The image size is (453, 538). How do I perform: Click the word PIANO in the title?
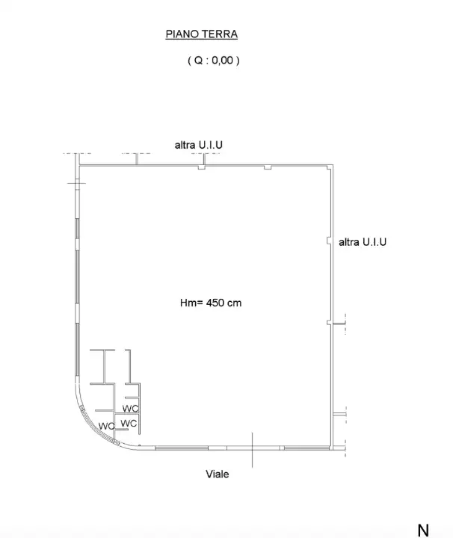click(179, 34)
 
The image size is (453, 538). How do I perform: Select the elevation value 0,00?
click(221, 62)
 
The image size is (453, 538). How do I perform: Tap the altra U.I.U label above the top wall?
click(200, 144)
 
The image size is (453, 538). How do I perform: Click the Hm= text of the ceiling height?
click(190, 303)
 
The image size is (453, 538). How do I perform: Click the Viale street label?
click(218, 474)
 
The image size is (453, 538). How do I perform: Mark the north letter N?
click(423, 530)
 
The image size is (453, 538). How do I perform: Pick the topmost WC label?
click(130, 409)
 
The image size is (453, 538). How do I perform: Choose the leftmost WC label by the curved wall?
click(106, 426)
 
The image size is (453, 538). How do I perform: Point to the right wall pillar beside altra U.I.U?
click(329, 241)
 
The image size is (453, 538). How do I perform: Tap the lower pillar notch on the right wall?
click(329, 323)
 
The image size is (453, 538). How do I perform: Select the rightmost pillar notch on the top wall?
click(266, 168)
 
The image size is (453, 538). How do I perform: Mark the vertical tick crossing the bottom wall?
click(253, 449)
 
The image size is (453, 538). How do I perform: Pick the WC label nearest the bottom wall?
click(129, 423)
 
